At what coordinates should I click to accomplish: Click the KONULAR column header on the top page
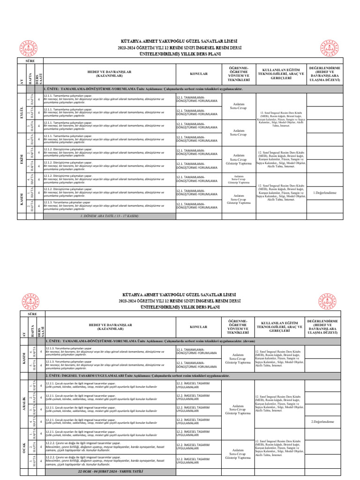pyautogui.click(x=198, y=74)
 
